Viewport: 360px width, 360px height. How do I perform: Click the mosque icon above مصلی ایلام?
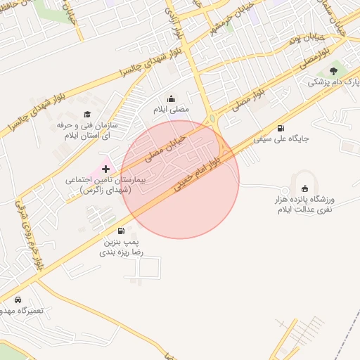[172, 98]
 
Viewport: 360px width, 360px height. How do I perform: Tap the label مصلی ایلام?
[172, 110]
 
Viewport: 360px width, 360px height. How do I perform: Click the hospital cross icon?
[106, 169]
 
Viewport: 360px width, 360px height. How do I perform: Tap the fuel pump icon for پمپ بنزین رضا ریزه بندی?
[121, 231]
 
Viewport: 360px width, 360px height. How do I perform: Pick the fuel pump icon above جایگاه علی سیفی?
[281, 128]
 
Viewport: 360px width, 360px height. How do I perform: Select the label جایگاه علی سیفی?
[281, 139]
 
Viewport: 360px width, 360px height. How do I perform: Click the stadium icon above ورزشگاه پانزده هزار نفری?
[304, 188]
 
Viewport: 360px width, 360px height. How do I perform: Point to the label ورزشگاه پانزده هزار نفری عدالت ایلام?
[304, 205]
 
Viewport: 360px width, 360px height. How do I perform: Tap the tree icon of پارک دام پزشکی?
[334, 70]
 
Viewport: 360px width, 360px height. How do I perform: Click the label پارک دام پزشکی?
[333, 82]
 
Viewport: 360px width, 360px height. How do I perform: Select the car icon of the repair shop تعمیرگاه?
[18, 300]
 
